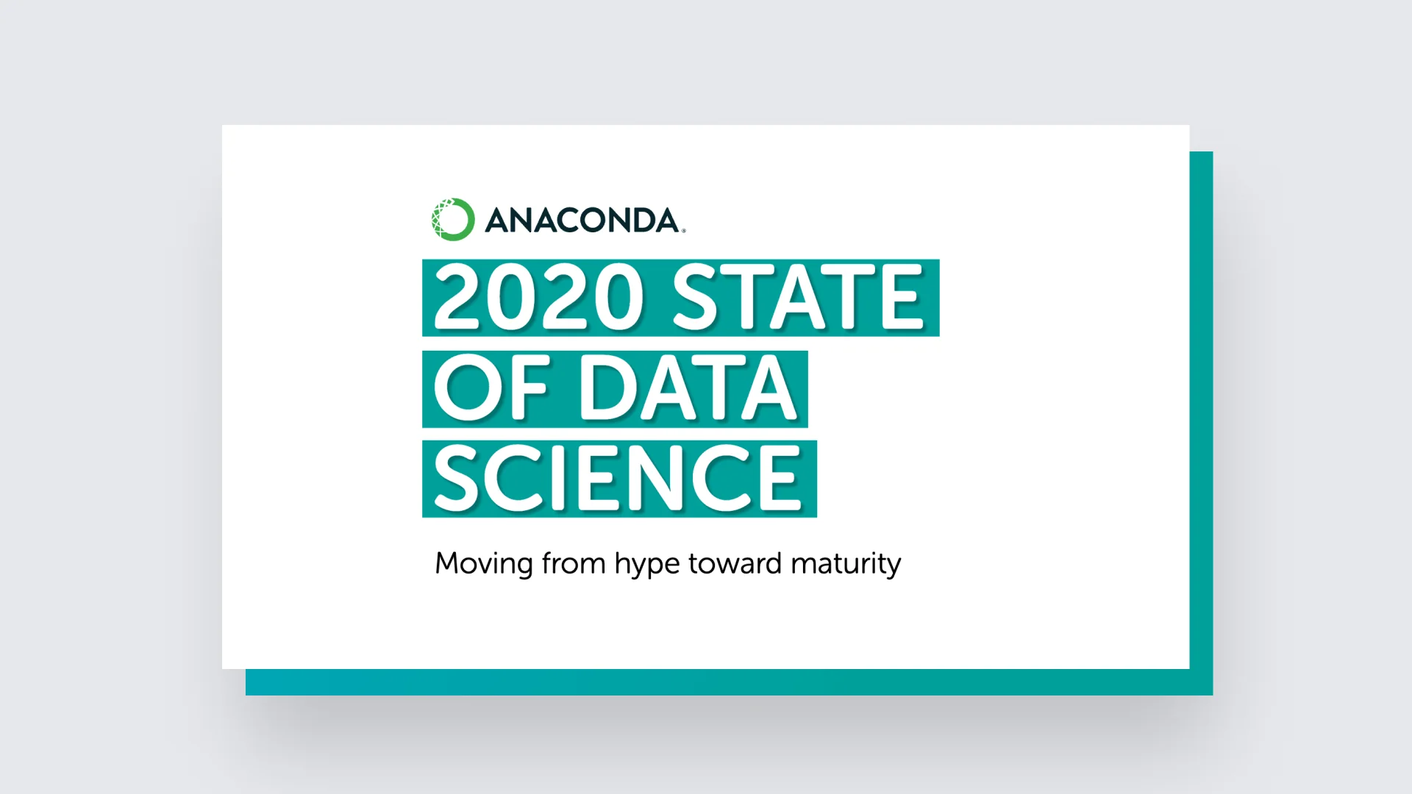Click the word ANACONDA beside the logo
[x=582, y=221]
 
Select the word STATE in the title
[x=797, y=298]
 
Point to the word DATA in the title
[x=688, y=388]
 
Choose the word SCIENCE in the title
[x=618, y=479]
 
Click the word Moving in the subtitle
[x=484, y=565]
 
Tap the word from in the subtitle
[x=574, y=563]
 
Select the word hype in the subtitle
[x=646, y=565]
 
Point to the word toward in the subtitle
[x=735, y=563]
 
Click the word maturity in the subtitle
[x=846, y=565]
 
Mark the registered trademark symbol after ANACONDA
[x=683, y=231]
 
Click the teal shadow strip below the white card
[x=717, y=682]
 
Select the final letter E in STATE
[x=902, y=298]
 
